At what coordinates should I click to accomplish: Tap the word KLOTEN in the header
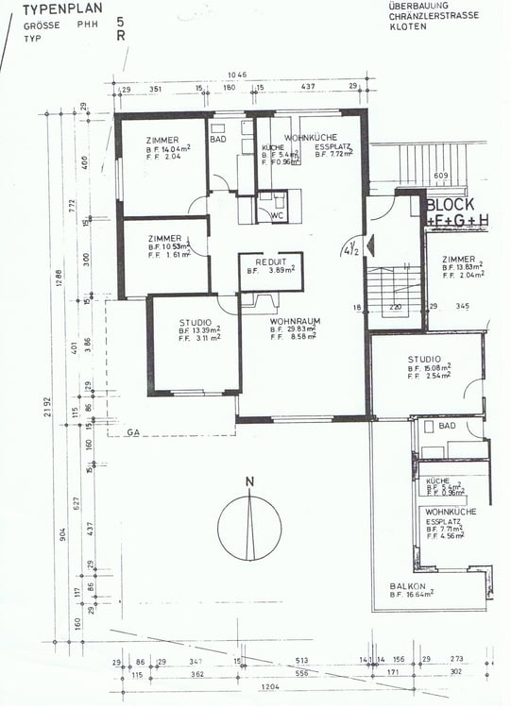pyautogui.click(x=407, y=27)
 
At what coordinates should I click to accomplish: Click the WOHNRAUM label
pyautogui.click(x=295, y=321)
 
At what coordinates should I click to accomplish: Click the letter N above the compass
pyautogui.click(x=249, y=483)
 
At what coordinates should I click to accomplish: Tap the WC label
pyautogui.click(x=278, y=215)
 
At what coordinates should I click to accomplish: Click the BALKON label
pyautogui.click(x=407, y=586)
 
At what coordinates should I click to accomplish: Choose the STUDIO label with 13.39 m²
pyautogui.click(x=196, y=322)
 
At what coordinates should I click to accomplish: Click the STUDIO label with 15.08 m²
pyautogui.click(x=424, y=359)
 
